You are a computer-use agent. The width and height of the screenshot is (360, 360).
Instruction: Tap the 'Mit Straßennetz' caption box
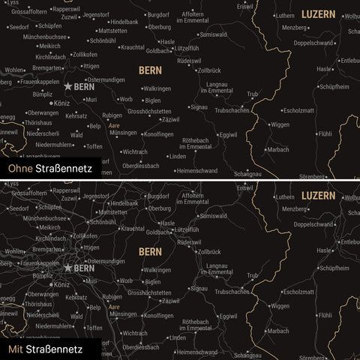tap(46, 349)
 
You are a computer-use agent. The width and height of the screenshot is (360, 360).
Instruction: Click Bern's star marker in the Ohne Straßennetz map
tap(69, 86)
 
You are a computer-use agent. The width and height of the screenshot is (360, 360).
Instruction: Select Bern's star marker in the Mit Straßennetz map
tap(69, 267)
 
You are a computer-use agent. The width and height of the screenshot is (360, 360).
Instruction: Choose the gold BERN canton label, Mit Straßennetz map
tap(150, 251)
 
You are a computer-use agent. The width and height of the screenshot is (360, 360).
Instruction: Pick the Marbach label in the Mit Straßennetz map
tap(277, 331)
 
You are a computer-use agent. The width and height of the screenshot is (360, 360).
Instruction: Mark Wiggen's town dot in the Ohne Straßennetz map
tap(268, 124)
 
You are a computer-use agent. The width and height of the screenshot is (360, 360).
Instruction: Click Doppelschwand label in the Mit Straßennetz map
tap(313, 224)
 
